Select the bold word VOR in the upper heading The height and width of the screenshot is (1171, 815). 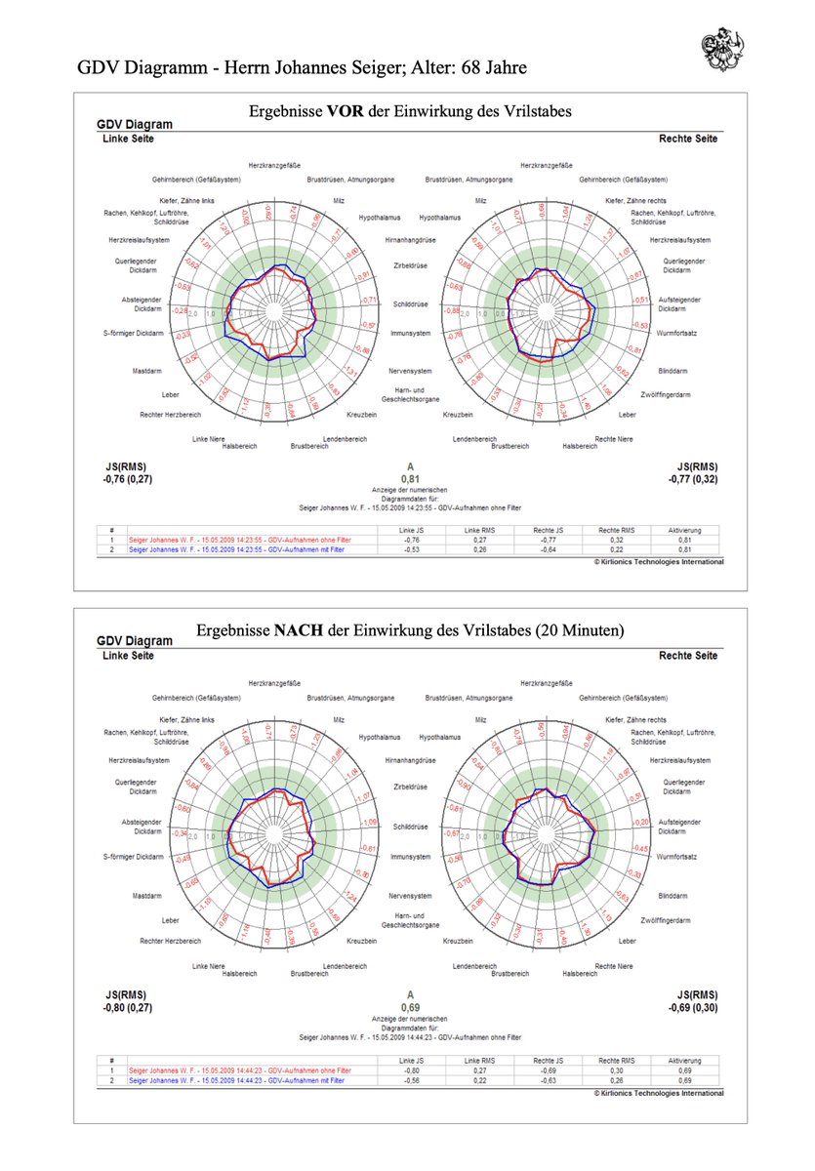point(346,111)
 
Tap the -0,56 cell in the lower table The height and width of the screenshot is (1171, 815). point(411,1081)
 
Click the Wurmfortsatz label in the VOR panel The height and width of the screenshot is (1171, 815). point(676,335)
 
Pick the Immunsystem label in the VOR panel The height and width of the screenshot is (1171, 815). point(411,334)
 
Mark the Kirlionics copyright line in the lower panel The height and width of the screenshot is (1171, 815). point(659,1093)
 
